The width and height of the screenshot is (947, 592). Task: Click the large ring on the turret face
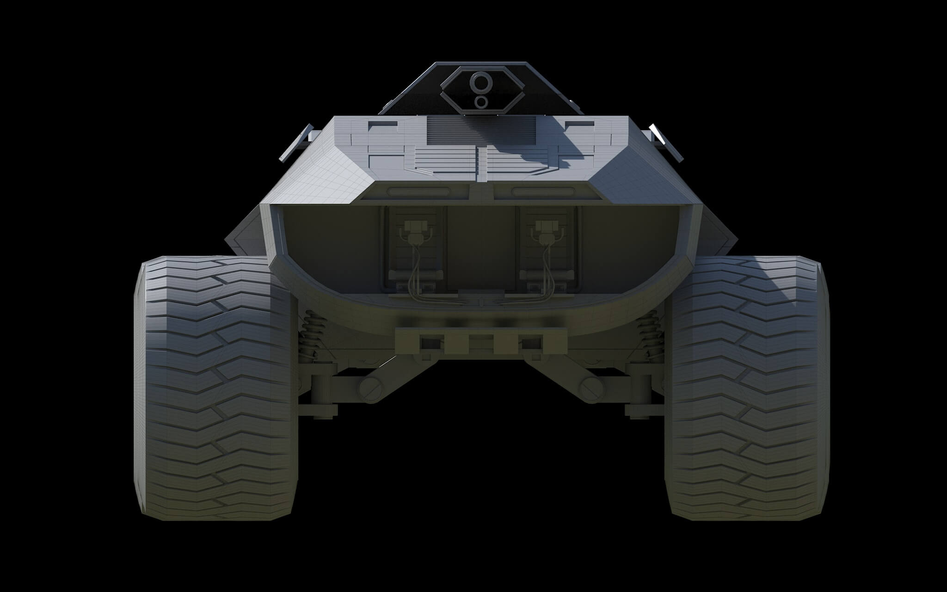[x=478, y=83]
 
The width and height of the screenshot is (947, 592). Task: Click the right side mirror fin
[x=666, y=142]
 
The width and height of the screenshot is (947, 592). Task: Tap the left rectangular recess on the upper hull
[x=383, y=125]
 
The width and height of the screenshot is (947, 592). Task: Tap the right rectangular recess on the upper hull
[x=580, y=125]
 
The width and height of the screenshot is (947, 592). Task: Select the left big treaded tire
[x=215, y=388]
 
